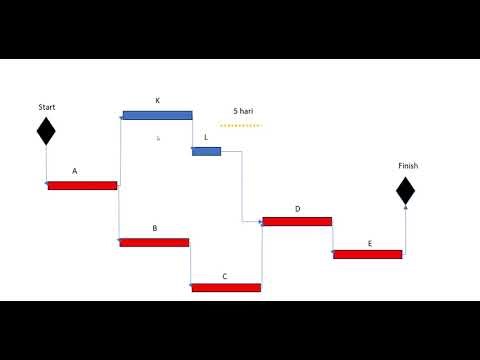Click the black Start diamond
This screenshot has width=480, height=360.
(46, 131)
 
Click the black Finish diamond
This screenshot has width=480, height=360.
(405, 191)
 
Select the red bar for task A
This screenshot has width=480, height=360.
(82, 185)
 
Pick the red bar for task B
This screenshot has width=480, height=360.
(154, 242)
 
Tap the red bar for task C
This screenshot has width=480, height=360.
(226, 288)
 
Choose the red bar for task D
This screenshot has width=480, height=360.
(297, 221)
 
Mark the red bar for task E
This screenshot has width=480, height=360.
(367, 254)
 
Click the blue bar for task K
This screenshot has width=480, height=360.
(157, 116)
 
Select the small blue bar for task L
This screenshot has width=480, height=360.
(207, 151)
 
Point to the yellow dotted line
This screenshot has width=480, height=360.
(240, 126)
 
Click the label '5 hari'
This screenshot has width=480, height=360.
(242, 111)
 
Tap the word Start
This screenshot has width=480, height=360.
(47, 107)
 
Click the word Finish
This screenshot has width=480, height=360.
(408, 166)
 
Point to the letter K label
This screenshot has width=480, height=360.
(157, 101)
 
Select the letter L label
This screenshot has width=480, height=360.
(206, 137)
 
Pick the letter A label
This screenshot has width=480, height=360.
(74, 171)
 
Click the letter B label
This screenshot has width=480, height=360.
(154, 228)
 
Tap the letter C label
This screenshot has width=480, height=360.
(225, 275)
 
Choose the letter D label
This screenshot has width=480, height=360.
(297, 209)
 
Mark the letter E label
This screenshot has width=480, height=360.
(369, 243)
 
